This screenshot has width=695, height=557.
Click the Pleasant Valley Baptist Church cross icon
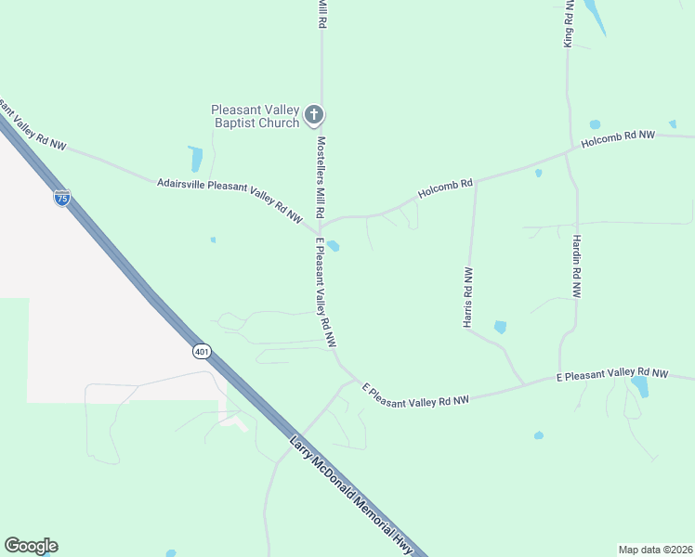(x=314, y=116)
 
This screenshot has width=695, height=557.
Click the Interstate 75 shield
(x=61, y=198)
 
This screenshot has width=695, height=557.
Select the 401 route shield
(x=203, y=351)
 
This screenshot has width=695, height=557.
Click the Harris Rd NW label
(x=468, y=297)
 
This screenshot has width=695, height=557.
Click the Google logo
(x=31, y=546)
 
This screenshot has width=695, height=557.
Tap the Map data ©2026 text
(x=655, y=549)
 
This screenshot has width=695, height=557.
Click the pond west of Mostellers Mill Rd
(x=196, y=159)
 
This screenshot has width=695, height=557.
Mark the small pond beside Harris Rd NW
(x=501, y=327)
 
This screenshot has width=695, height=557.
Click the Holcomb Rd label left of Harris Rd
(x=446, y=188)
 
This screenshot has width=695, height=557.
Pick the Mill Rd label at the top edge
(x=322, y=13)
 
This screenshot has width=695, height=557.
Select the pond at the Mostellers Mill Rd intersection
(x=333, y=246)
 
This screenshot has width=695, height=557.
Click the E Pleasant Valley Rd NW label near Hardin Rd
(x=611, y=374)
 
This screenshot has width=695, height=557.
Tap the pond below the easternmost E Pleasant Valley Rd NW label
(x=639, y=385)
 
